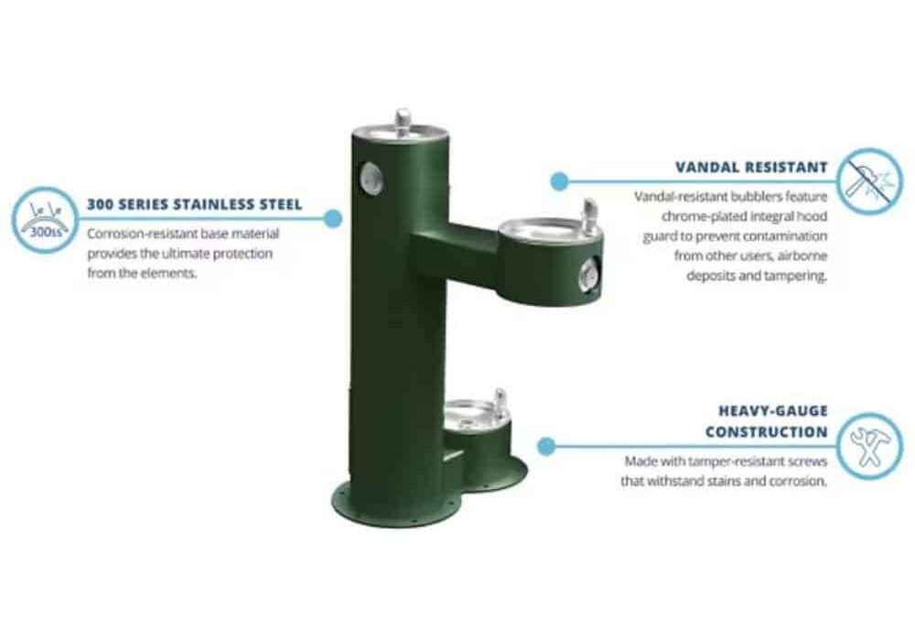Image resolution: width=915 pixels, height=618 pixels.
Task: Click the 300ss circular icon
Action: [x=45, y=220]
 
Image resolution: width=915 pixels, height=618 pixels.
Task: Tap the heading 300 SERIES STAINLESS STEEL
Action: [x=195, y=204]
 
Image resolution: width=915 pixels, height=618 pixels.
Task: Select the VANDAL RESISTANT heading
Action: [x=751, y=168]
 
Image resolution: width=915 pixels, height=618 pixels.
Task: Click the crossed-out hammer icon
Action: [x=869, y=181]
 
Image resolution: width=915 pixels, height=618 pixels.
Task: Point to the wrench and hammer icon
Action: [x=869, y=447]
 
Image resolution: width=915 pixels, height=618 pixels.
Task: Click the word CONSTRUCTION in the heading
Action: [x=766, y=432]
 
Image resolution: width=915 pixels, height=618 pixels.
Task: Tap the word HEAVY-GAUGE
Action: [x=772, y=411]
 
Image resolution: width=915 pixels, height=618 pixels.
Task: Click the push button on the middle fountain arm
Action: [x=588, y=274]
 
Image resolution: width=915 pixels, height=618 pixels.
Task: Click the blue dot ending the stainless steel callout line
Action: [x=333, y=220]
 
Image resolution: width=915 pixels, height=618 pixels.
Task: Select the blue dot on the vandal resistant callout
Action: [x=559, y=181]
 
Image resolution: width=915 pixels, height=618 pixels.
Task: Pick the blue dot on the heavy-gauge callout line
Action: [x=546, y=447]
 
